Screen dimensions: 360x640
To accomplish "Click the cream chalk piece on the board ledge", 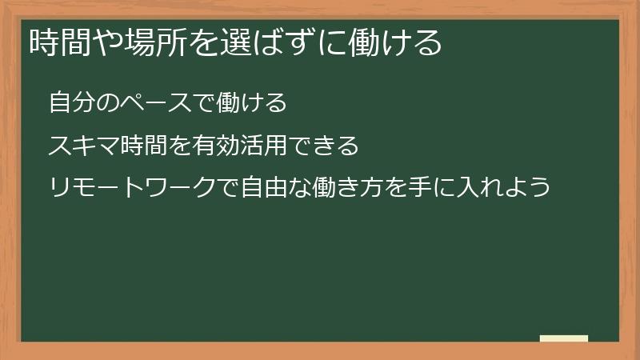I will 564,338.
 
